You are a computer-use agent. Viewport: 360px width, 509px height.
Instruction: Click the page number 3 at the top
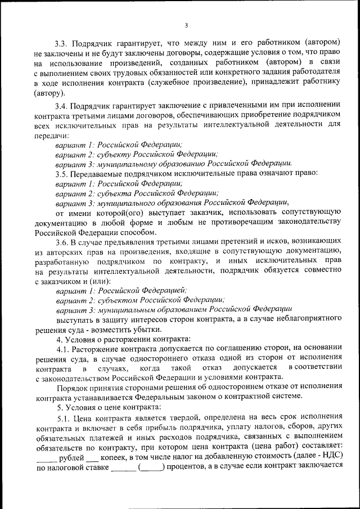[186, 24]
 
